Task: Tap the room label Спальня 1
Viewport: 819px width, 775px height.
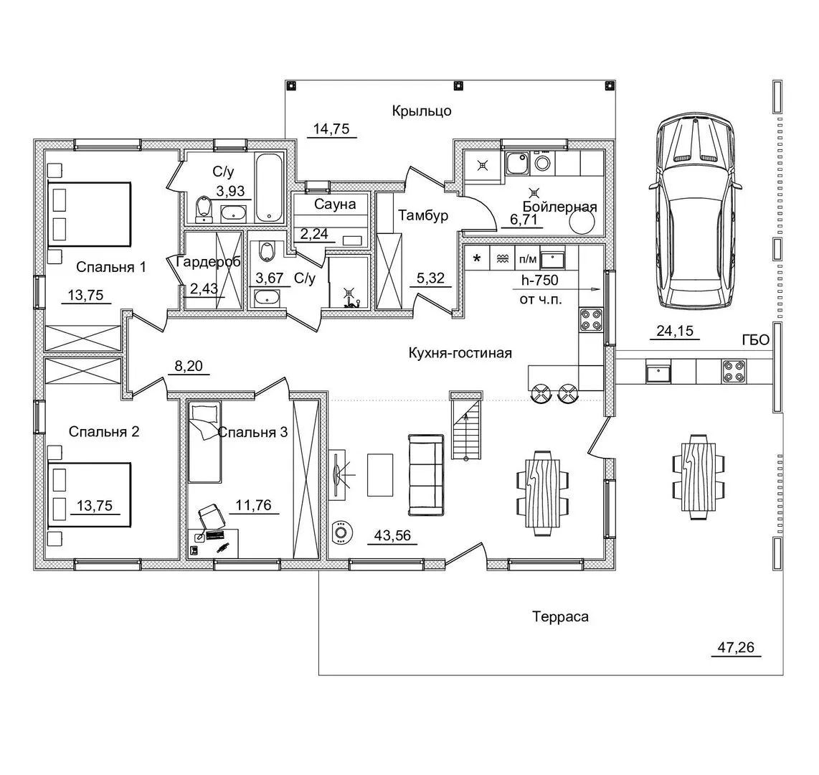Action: coord(110,267)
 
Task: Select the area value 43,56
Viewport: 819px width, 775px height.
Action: coord(393,535)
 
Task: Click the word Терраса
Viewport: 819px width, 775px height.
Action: coord(560,616)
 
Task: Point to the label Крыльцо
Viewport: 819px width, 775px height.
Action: coord(422,111)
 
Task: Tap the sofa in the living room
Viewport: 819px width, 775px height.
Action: coord(426,474)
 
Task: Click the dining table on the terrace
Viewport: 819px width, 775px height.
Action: coord(699,476)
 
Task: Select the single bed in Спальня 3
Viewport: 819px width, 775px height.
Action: coord(204,442)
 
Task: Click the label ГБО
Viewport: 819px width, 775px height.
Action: coord(756,341)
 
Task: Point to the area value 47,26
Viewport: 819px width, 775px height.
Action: coord(735,647)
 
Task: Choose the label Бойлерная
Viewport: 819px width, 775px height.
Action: coord(559,207)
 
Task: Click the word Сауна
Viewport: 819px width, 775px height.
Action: coord(335,205)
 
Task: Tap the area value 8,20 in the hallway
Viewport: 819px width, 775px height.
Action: coord(188,366)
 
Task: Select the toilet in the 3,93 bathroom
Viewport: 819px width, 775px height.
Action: coord(203,210)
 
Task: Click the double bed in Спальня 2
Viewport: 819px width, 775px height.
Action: coord(89,494)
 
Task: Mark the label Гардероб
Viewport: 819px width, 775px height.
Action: coord(209,262)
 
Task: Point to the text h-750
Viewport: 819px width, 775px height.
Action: coord(540,281)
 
